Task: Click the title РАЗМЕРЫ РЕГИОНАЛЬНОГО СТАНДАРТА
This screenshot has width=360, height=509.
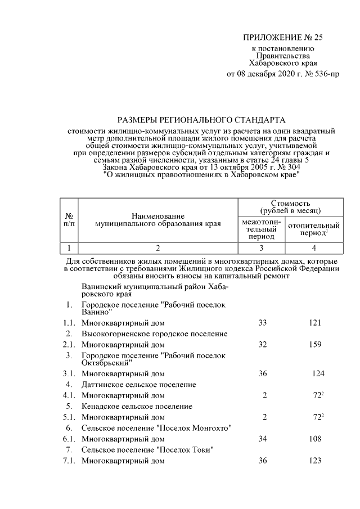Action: [x=201, y=120]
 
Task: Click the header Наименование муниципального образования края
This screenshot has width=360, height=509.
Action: [x=158, y=220]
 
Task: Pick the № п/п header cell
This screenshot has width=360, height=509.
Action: [x=68, y=220]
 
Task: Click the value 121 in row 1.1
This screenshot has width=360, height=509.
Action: [x=314, y=323]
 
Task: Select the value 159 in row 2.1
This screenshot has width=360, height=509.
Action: [x=314, y=345]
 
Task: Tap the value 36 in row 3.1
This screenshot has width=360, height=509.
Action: [x=262, y=373]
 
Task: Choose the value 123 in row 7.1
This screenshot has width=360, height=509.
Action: [x=314, y=461]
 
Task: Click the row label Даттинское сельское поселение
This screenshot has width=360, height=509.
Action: [x=138, y=384]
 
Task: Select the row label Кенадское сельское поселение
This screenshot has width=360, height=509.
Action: [x=137, y=406]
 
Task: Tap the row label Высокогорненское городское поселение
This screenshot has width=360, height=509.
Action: [x=155, y=334]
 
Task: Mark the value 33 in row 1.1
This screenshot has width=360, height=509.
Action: [x=262, y=323]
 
